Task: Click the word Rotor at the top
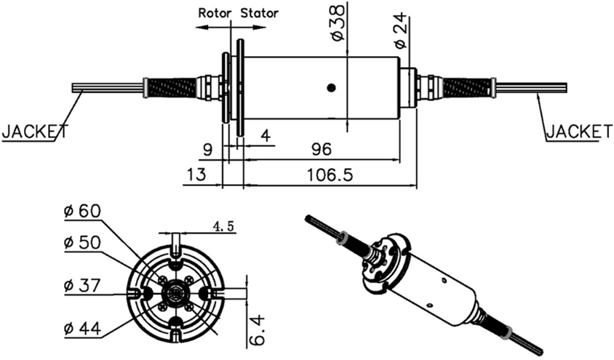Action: click(215, 12)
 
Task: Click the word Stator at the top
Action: click(260, 12)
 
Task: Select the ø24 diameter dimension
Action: click(400, 33)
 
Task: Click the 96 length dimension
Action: click(321, 149)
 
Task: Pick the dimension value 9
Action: click(208, 149)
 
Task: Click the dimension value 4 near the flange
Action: click(265, 136)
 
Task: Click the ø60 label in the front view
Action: click(81, 211)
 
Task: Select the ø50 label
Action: click(81, 242)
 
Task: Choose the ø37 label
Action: click(81, 285)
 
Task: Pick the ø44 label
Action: click(81, 328)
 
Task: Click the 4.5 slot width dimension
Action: click(223, 226)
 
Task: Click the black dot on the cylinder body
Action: click(331, 88)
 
